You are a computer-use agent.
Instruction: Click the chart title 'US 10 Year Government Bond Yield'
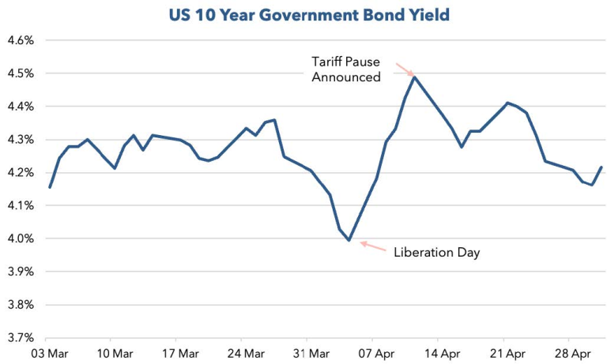(x=303, y=14)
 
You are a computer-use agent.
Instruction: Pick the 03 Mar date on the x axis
(x=50, y=353)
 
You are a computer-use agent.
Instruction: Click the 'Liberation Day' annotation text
(x=437, y=253)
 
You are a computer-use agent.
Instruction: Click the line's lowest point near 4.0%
(x=349, y=240)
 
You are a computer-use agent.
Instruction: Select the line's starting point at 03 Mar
(x=50, y=187)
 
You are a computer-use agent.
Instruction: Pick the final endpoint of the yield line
(x=602, y=167)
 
